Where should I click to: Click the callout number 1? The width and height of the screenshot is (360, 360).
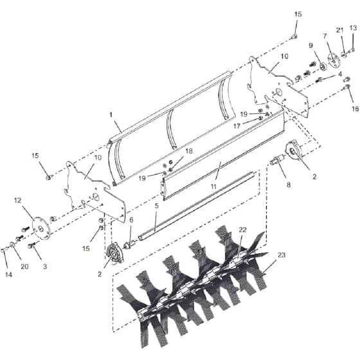pos(111,114)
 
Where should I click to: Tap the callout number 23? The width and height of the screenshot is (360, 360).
pos(282,255)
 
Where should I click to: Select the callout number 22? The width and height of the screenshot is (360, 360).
pos(242,230)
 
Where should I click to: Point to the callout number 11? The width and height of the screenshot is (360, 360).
pos(213,186)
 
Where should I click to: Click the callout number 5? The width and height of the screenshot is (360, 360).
pos(157,206)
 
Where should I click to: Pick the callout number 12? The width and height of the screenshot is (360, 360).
pos(18,201)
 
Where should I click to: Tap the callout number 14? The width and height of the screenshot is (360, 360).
pos(8,274)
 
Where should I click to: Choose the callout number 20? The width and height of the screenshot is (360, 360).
pos(24,266)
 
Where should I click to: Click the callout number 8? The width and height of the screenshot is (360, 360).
pos(289,184)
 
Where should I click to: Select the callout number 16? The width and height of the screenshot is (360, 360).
pos(355,109)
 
